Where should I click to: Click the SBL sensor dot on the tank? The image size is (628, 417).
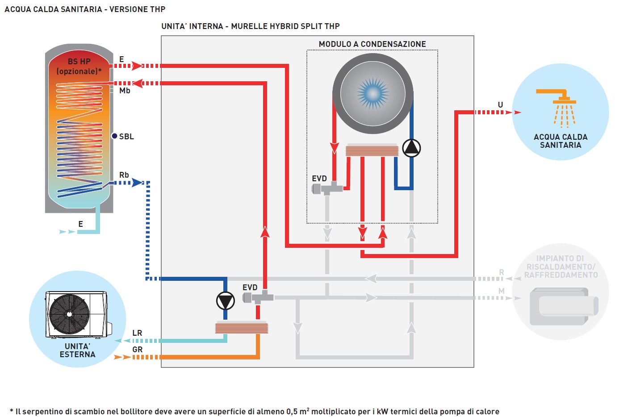point(114,136)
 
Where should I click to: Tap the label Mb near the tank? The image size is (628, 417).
point(125,91)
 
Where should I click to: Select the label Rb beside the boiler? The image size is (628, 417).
point(124,175)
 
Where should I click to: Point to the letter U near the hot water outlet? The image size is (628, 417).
point(500,105)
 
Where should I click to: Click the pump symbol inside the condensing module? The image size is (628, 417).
point(411,148)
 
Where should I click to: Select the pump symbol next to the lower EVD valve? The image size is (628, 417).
point(225,301)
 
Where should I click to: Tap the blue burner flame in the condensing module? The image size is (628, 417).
point(373,93)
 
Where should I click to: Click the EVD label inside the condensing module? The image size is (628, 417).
point(319,179)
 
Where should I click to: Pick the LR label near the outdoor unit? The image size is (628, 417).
point(137,333)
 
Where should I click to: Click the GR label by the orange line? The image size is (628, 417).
point(137,350)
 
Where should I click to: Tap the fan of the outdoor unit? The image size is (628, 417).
point(69,314)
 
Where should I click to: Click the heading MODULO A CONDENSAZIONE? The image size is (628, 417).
point(372,44)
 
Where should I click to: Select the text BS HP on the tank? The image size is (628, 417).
point(79,62)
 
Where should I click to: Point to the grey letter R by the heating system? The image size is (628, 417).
point(502,272)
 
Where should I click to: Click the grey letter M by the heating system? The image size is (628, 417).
point(502,291)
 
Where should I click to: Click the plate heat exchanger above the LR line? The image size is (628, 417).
point(242,328)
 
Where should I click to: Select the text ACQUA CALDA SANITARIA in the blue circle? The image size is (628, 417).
point(561,141)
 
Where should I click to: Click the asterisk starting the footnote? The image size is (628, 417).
point(12,411)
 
